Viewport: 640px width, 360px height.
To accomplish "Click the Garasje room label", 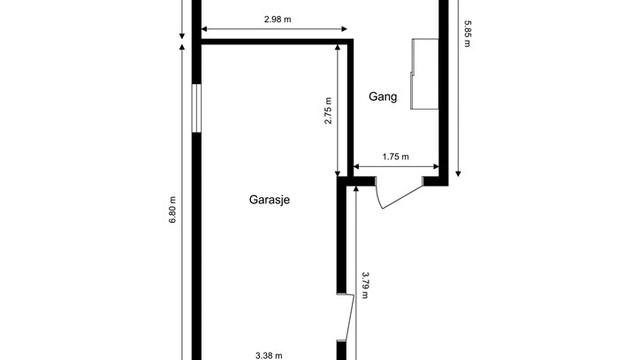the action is click(269, 200).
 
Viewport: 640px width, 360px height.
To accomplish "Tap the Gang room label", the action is click(382, 97).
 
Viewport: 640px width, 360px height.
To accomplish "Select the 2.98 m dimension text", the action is click(278, 19).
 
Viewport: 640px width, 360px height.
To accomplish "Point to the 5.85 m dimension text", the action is click(467, 34).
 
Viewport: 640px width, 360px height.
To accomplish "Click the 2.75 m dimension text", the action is click(328, 111).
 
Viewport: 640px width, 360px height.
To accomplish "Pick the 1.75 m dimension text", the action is click(396, 156).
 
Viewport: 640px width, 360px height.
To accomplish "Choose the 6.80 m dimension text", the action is click(172, 209).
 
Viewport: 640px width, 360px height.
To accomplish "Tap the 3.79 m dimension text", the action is click(365, 285).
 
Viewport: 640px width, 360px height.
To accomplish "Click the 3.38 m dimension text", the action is click(269, 356).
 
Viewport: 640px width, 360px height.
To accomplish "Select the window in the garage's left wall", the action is click(197, 108).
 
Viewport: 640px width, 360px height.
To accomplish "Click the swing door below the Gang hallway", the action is click(399, 193).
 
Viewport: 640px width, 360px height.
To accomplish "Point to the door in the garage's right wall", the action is click(346, 317).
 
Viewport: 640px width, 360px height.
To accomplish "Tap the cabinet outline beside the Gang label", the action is click(424, 74).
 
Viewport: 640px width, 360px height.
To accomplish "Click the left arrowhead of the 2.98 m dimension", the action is click(204, 29).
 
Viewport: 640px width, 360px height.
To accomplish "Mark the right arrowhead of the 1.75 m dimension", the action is click(436, 166).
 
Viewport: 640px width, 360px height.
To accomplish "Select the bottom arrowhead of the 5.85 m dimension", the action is click(458, 173).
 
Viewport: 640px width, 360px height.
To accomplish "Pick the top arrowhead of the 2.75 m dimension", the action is click(338, 48).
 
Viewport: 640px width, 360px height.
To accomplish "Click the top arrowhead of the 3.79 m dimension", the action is click(356, 188).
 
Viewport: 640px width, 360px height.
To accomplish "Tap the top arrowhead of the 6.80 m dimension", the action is click(182, 47).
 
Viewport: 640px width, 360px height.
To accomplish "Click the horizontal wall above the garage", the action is click(277, 42).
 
